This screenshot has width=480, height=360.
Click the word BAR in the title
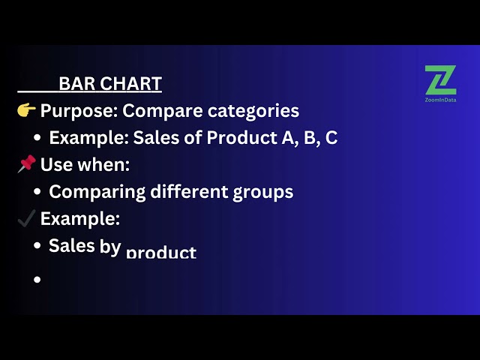click(76, 83)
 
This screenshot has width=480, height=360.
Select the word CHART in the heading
click(130, 83)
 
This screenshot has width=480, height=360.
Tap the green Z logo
click(440, 80)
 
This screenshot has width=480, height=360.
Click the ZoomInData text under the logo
click(440, 100)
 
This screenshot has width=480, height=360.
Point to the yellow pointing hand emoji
click(26, 110)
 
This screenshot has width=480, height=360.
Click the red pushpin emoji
click(26, 163)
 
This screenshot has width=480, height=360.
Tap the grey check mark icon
click(26, 218)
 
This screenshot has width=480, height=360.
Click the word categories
click(253, 111)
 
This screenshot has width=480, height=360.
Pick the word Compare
click(163, 111)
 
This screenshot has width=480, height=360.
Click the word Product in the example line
click(241, 137)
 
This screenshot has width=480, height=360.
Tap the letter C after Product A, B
click(331, 137)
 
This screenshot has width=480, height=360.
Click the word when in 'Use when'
click(103, 164)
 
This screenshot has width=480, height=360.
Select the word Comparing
click(97, 192)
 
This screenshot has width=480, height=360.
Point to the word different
click(189, 191)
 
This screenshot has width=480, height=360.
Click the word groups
click(263, 193)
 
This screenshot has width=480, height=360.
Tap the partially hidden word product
click(161, 252)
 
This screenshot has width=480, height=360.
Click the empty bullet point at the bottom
click(37, 279)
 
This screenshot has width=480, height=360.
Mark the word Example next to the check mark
click(80, 219)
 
